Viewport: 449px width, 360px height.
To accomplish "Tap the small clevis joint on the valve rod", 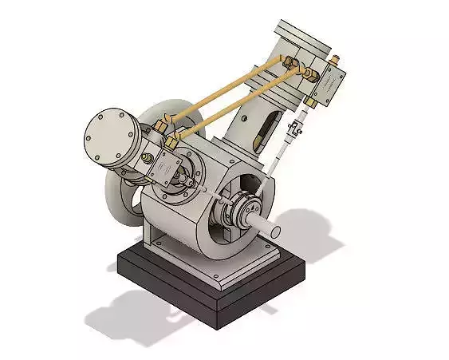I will [x=298, y=128].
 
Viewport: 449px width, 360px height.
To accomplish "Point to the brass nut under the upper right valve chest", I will [x=311, y=103].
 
